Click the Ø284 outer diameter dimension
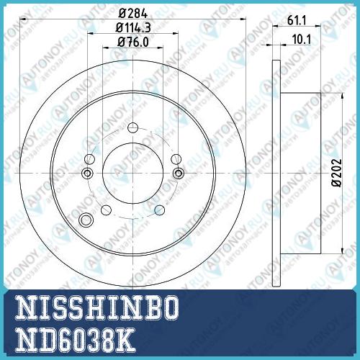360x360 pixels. (132, 14)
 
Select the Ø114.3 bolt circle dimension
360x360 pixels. (133, 27)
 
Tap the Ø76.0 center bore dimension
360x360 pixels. (133, 42)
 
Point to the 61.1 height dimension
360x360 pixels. (297, 20)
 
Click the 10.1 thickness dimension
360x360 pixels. (302, 40)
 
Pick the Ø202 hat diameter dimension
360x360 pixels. (336, 172)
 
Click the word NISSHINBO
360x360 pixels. (97, 307)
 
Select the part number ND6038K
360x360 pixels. (75, 340)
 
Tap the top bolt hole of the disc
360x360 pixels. (132, 127)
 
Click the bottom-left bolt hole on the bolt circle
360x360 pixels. (106, 210)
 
